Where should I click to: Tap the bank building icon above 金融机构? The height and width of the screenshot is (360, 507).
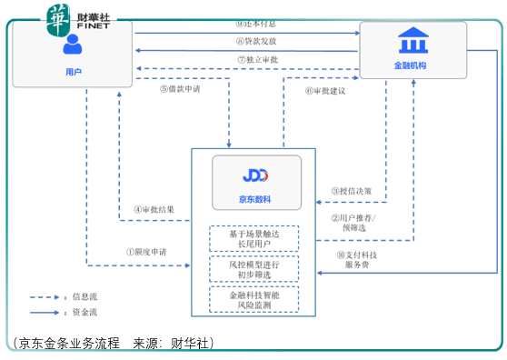(413, 41)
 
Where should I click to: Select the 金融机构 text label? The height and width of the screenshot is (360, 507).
(413, 67)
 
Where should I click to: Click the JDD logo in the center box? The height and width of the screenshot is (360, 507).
(256, 175)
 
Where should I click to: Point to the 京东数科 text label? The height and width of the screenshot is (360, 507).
(256, 198)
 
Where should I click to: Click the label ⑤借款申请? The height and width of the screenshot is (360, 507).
(180, 89)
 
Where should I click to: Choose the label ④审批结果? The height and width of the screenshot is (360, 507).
(154, 209)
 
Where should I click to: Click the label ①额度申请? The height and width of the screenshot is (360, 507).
(147, 252)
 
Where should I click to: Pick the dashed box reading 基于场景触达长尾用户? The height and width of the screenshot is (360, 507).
(253, 239)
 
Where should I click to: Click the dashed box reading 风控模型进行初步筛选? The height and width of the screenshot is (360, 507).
(253, 269)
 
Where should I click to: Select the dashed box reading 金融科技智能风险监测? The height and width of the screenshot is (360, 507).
(253, 300)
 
